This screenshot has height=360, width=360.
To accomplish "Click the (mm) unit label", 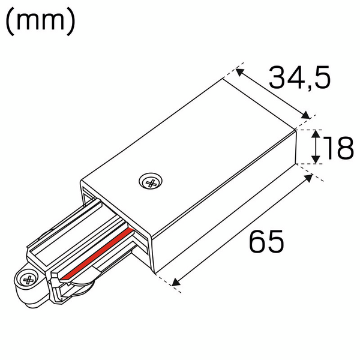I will pos(40,22).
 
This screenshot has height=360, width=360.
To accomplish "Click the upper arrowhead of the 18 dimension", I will pos(316,133).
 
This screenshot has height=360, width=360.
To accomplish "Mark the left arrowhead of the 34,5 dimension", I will pos(239,72).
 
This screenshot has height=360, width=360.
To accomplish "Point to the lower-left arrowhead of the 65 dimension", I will pos(176,282).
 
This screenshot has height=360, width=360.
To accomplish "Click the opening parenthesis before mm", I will pos(10,22).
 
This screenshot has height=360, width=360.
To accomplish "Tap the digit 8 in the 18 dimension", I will pos(344,148).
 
